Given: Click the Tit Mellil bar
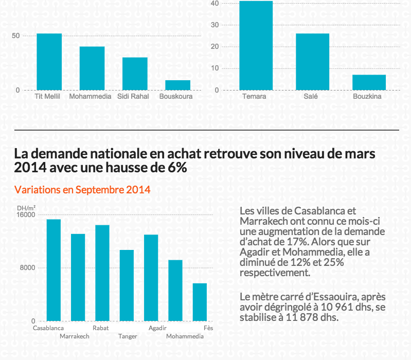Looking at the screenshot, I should point(49,62).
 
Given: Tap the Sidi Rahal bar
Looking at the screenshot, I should point(135,74).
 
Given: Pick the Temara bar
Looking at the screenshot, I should point(256,46).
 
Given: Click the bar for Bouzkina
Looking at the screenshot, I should point(369,82).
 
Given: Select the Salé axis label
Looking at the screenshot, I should point(311,96).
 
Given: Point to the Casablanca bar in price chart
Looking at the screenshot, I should point(53,270).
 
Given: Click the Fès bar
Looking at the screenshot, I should point(200,302).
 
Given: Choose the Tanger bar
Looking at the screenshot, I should point(127,285).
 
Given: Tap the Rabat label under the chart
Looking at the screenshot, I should point(100,328).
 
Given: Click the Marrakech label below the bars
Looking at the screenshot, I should point(75,336).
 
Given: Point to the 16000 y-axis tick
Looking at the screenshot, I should point(26,214).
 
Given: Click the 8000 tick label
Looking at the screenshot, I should point(27,268).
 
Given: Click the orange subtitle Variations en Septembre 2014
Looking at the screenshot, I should point(82,190).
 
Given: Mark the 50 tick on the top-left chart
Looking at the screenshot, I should point(16,35).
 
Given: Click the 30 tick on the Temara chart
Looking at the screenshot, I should point(215,25).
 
